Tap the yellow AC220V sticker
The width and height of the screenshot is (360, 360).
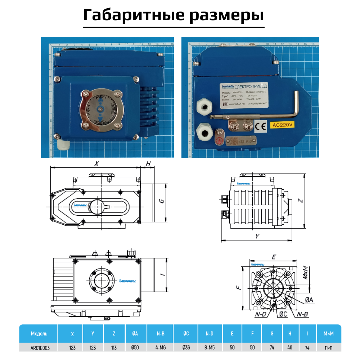[283, 125]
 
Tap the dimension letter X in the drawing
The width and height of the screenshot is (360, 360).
[96, 163]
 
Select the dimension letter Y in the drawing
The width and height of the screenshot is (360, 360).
[257, 236]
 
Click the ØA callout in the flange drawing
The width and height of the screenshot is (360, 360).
[309, 300]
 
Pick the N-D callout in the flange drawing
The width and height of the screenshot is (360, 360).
[260, 314]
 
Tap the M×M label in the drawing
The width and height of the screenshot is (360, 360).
[305, 273]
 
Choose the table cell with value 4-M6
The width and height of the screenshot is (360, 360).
[161, 348]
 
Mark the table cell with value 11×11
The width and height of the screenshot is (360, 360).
[328, 348]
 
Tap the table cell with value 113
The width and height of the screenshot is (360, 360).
[114, 348]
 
